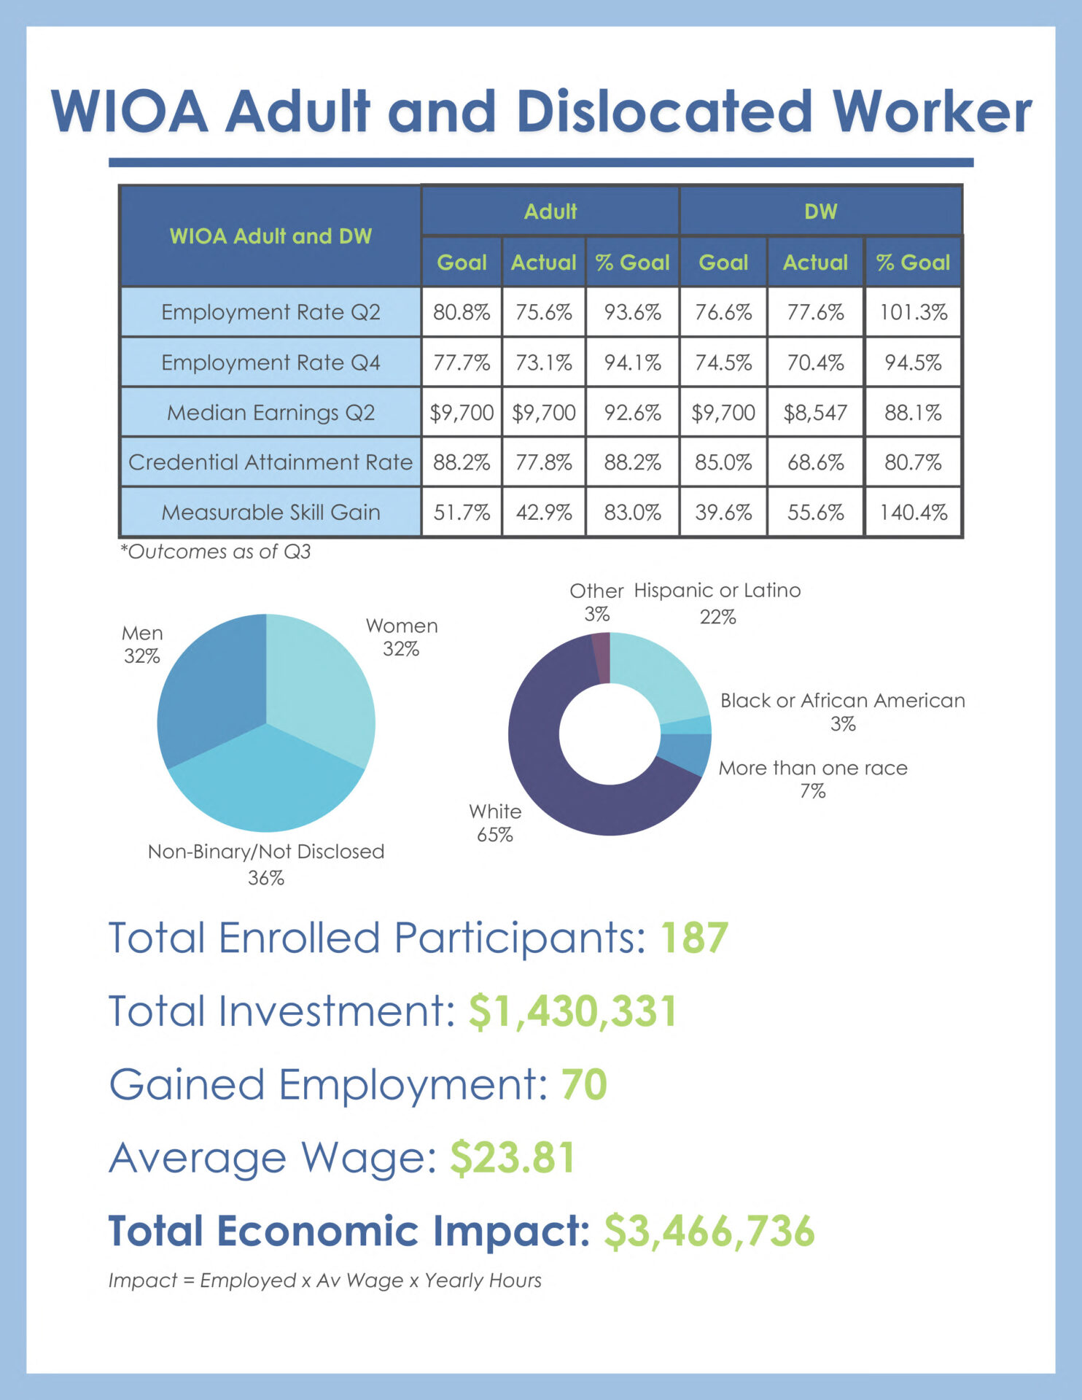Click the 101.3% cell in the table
[x=913, y=312]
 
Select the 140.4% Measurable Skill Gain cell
[x=913, y=513]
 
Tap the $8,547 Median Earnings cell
[x=815, y=413]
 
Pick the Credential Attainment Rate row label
[x=270, y=462]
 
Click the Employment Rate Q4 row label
[x=270, y=362]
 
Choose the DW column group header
[x=820, y=211]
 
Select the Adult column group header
[x=550, y=211]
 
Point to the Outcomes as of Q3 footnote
[x=216, y=552]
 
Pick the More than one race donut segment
[x=685, y=752]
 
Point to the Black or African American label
[x=842, y=701]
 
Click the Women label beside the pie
[x=402, y=626]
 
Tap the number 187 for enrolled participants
[x=694, y=938]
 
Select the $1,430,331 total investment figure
[x=572, y=1011]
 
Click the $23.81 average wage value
[x=513, y=1157]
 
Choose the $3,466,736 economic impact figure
[x=709, y=1232]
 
